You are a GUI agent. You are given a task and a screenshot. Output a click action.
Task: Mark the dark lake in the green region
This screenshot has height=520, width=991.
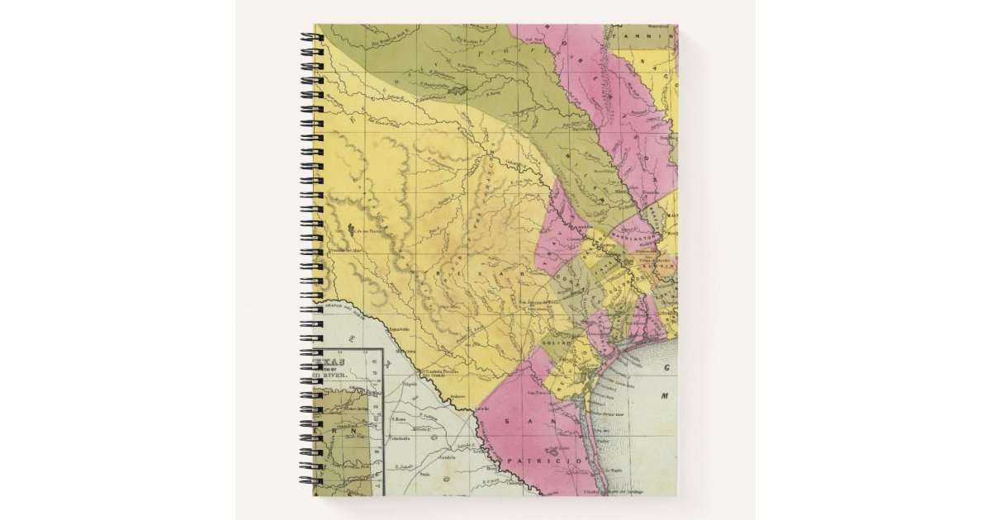457,90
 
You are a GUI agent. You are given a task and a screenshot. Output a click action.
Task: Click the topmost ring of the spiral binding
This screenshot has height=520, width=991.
311,37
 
